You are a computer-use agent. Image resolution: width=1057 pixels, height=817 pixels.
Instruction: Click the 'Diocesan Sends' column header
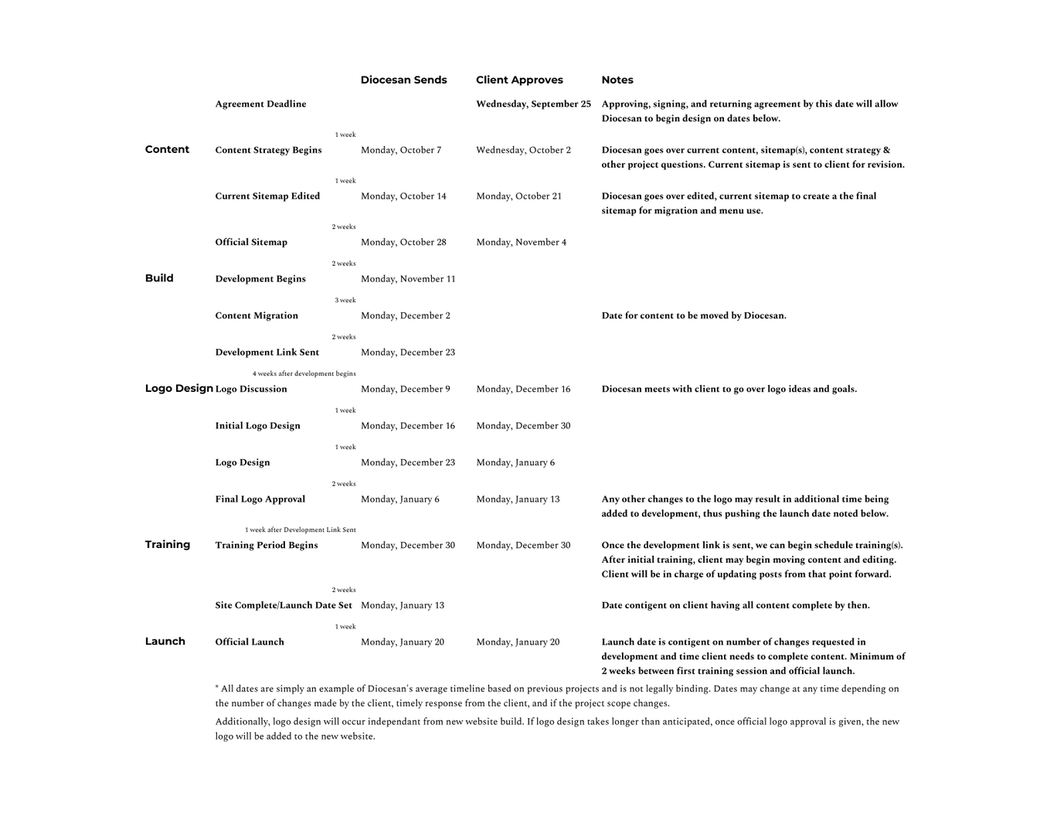coord(403,80)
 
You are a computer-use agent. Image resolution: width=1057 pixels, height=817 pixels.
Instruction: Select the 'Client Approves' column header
coord(519,80)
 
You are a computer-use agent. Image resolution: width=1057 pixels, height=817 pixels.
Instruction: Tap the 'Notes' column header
coord(617,80)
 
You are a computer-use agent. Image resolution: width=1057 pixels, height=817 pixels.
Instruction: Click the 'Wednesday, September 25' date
coord(533,104)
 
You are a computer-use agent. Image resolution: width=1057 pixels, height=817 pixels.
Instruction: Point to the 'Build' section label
coord(159,278)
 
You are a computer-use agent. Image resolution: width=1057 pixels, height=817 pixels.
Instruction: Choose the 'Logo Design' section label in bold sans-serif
coord(178,389)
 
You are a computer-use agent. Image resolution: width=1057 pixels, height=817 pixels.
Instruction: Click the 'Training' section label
coord(167,545)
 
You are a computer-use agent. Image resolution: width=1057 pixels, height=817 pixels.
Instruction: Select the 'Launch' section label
coord(165,642)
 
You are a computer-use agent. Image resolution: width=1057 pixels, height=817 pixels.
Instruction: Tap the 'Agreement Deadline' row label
coord(260,104)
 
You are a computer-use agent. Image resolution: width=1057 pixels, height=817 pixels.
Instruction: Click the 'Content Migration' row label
coord(257,316)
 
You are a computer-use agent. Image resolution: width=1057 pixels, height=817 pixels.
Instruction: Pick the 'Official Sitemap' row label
coord(251,243)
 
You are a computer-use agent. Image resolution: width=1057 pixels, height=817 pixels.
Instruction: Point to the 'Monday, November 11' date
coord(408,279)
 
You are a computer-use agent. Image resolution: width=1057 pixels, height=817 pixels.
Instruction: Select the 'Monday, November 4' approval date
coord(521,243)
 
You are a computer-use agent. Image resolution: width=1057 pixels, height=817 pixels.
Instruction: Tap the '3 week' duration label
coord(345,301)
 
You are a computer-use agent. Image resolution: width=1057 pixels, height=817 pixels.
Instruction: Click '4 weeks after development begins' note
coord(304,374)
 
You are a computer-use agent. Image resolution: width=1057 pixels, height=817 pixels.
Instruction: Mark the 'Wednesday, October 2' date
coord(523,151)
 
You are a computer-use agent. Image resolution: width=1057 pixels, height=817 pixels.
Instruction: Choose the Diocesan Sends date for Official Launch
coord(402,642)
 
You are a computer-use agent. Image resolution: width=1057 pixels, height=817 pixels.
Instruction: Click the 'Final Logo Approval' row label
coord(260,499)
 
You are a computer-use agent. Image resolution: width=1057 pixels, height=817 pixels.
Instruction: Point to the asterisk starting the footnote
coord(217,687)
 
